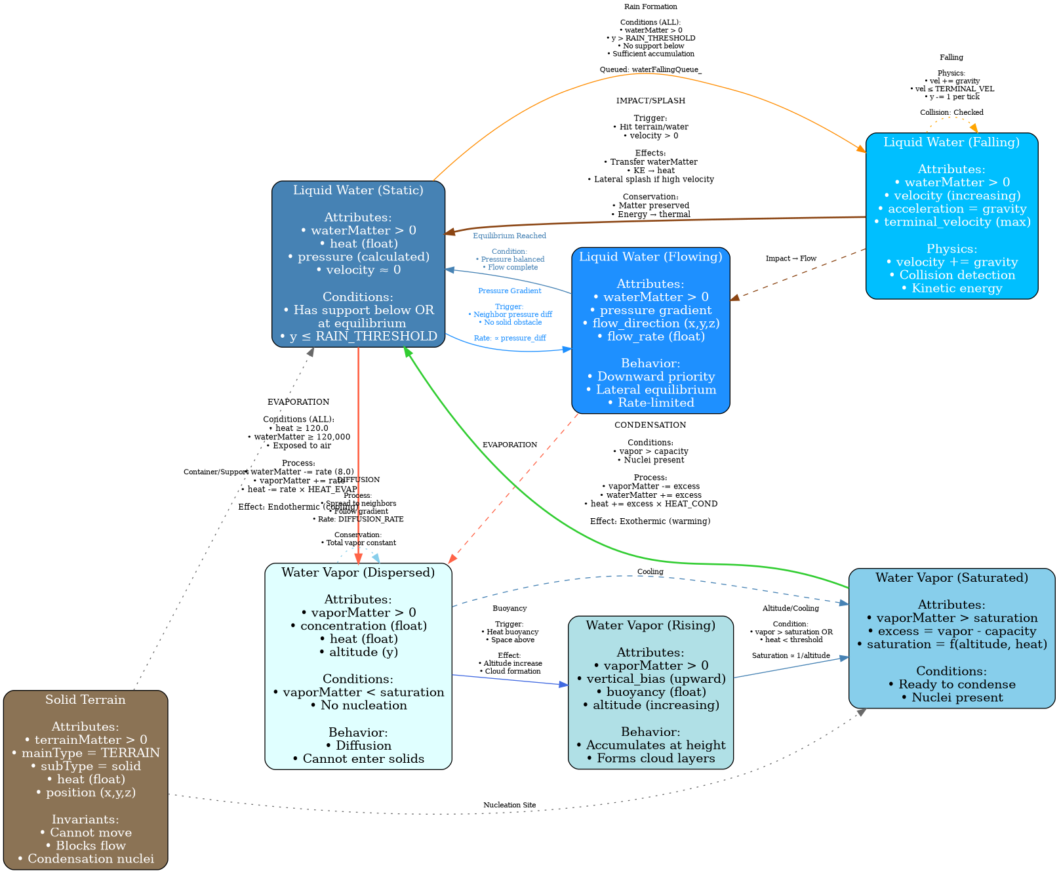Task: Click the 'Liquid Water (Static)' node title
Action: point(358,191)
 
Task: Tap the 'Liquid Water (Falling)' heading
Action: point(951,142)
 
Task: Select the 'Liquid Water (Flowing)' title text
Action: point(650,256)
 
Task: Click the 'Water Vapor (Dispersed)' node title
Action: point(358,573)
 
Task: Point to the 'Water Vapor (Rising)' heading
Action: point(650,625)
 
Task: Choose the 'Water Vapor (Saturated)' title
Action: point(951,578)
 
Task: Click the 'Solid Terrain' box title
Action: point(85,700)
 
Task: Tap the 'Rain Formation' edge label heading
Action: point(650,7)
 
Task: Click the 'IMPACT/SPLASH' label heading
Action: point(650,101)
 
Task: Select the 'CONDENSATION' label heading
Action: point(650,425)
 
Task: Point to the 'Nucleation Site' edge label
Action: point(510,805)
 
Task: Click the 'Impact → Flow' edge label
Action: point(791,258)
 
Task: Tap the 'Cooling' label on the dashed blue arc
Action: point(650,571)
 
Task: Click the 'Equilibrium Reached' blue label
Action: point(510,236)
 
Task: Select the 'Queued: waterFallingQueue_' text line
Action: point(650,70)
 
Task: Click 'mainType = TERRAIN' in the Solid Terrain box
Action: point(85,753)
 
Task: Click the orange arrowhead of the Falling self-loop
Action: point(974,128)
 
